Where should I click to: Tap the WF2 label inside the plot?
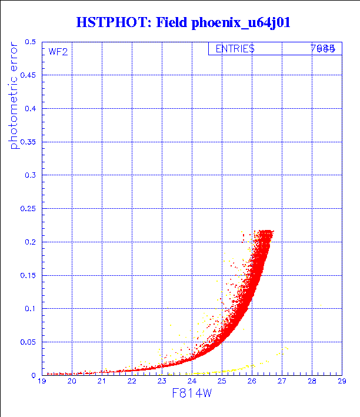pyautogui.click(x=58, y=52)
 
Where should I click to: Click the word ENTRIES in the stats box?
pyautogui.click(x=235, y=49)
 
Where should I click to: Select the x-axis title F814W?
pyautogui.click(x=191, y=393)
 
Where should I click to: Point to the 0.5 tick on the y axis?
pyautogui.click(x=30, y=42)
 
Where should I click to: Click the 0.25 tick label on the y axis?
pyautogui.click(x=28, y=209)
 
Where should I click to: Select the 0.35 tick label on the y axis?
pyautogui.click(x=28, y=142)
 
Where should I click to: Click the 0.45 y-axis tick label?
pyautogui.click(x=28, y=76)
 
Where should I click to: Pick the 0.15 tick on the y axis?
pyautogui.click(x=28, y=275)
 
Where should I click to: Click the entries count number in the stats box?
pyautogui.click(x=323, y=49)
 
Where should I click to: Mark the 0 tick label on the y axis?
pyautogui.click(x=34, y=375)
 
